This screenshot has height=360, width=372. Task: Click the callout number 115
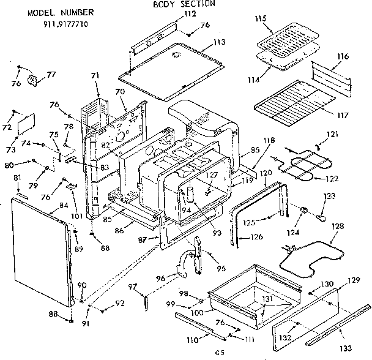point(260,20)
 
